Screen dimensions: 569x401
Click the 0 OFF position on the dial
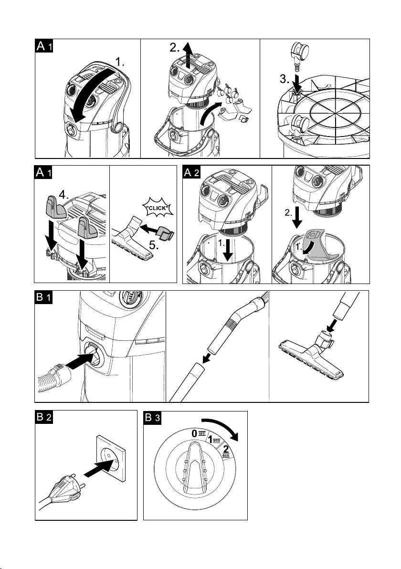click(197, 433)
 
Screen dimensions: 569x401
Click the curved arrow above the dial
click(222, 426)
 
